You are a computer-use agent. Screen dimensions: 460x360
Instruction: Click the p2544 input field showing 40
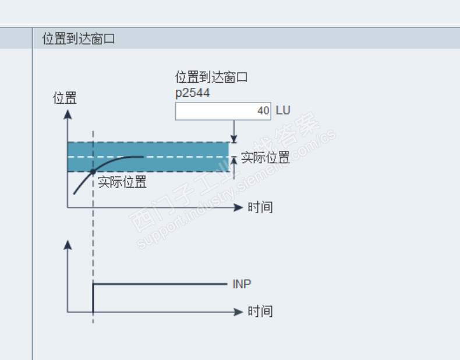(x=223, y=111)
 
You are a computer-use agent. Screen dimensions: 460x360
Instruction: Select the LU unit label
(x=283, y=110)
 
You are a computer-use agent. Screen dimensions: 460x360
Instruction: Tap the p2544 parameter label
(x=193, y=93)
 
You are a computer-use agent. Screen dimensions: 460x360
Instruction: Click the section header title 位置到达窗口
(x=79, y=38)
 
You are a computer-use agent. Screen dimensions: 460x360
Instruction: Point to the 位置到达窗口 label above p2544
(x=211, y=77)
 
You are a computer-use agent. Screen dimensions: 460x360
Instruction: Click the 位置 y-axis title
(x=65, y=98)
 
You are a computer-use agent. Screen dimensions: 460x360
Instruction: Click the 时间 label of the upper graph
(x=260, y=207)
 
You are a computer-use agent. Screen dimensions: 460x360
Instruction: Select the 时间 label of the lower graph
(x=260, y=311)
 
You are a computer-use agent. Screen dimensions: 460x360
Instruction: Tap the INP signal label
(x=242, y=284)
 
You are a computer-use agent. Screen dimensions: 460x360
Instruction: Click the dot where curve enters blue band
(x=93, y=172)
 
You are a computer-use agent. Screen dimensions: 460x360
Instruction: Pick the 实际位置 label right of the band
(x=265, y=157)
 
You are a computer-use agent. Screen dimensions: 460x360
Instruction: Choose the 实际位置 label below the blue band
(x=122, y=182)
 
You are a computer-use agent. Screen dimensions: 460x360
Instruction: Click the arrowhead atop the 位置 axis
(x=68, y=114)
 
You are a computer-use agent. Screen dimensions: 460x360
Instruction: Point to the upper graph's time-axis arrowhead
(x=239, y=207)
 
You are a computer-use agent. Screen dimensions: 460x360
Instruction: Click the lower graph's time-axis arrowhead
(x=239, y=312)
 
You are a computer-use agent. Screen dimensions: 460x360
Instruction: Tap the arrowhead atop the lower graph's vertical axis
(x=68, y=245)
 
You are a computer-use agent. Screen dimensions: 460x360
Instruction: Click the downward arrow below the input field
(x=234, y=132)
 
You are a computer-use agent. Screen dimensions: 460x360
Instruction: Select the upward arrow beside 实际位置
(x=234, y=168)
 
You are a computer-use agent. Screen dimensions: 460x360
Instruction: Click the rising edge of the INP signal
(x=93, y=298)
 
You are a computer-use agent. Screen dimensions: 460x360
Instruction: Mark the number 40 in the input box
(x=263, y=111)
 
